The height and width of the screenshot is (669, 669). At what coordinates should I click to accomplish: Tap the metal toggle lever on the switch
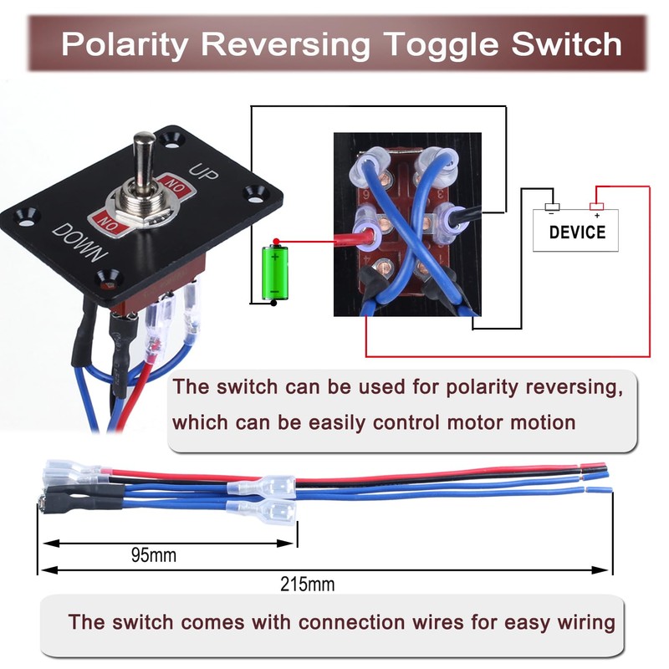click(143, 160)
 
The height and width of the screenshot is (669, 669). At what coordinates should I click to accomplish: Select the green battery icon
click(274, 271)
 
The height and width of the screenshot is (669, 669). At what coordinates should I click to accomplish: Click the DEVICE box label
click(577, 231)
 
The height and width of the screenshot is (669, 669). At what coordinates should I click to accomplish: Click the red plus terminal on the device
click(596, 207)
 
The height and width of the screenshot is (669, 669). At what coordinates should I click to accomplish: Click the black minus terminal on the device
click(553, 207)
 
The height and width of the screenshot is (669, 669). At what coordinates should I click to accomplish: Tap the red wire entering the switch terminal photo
click(330, 243)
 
